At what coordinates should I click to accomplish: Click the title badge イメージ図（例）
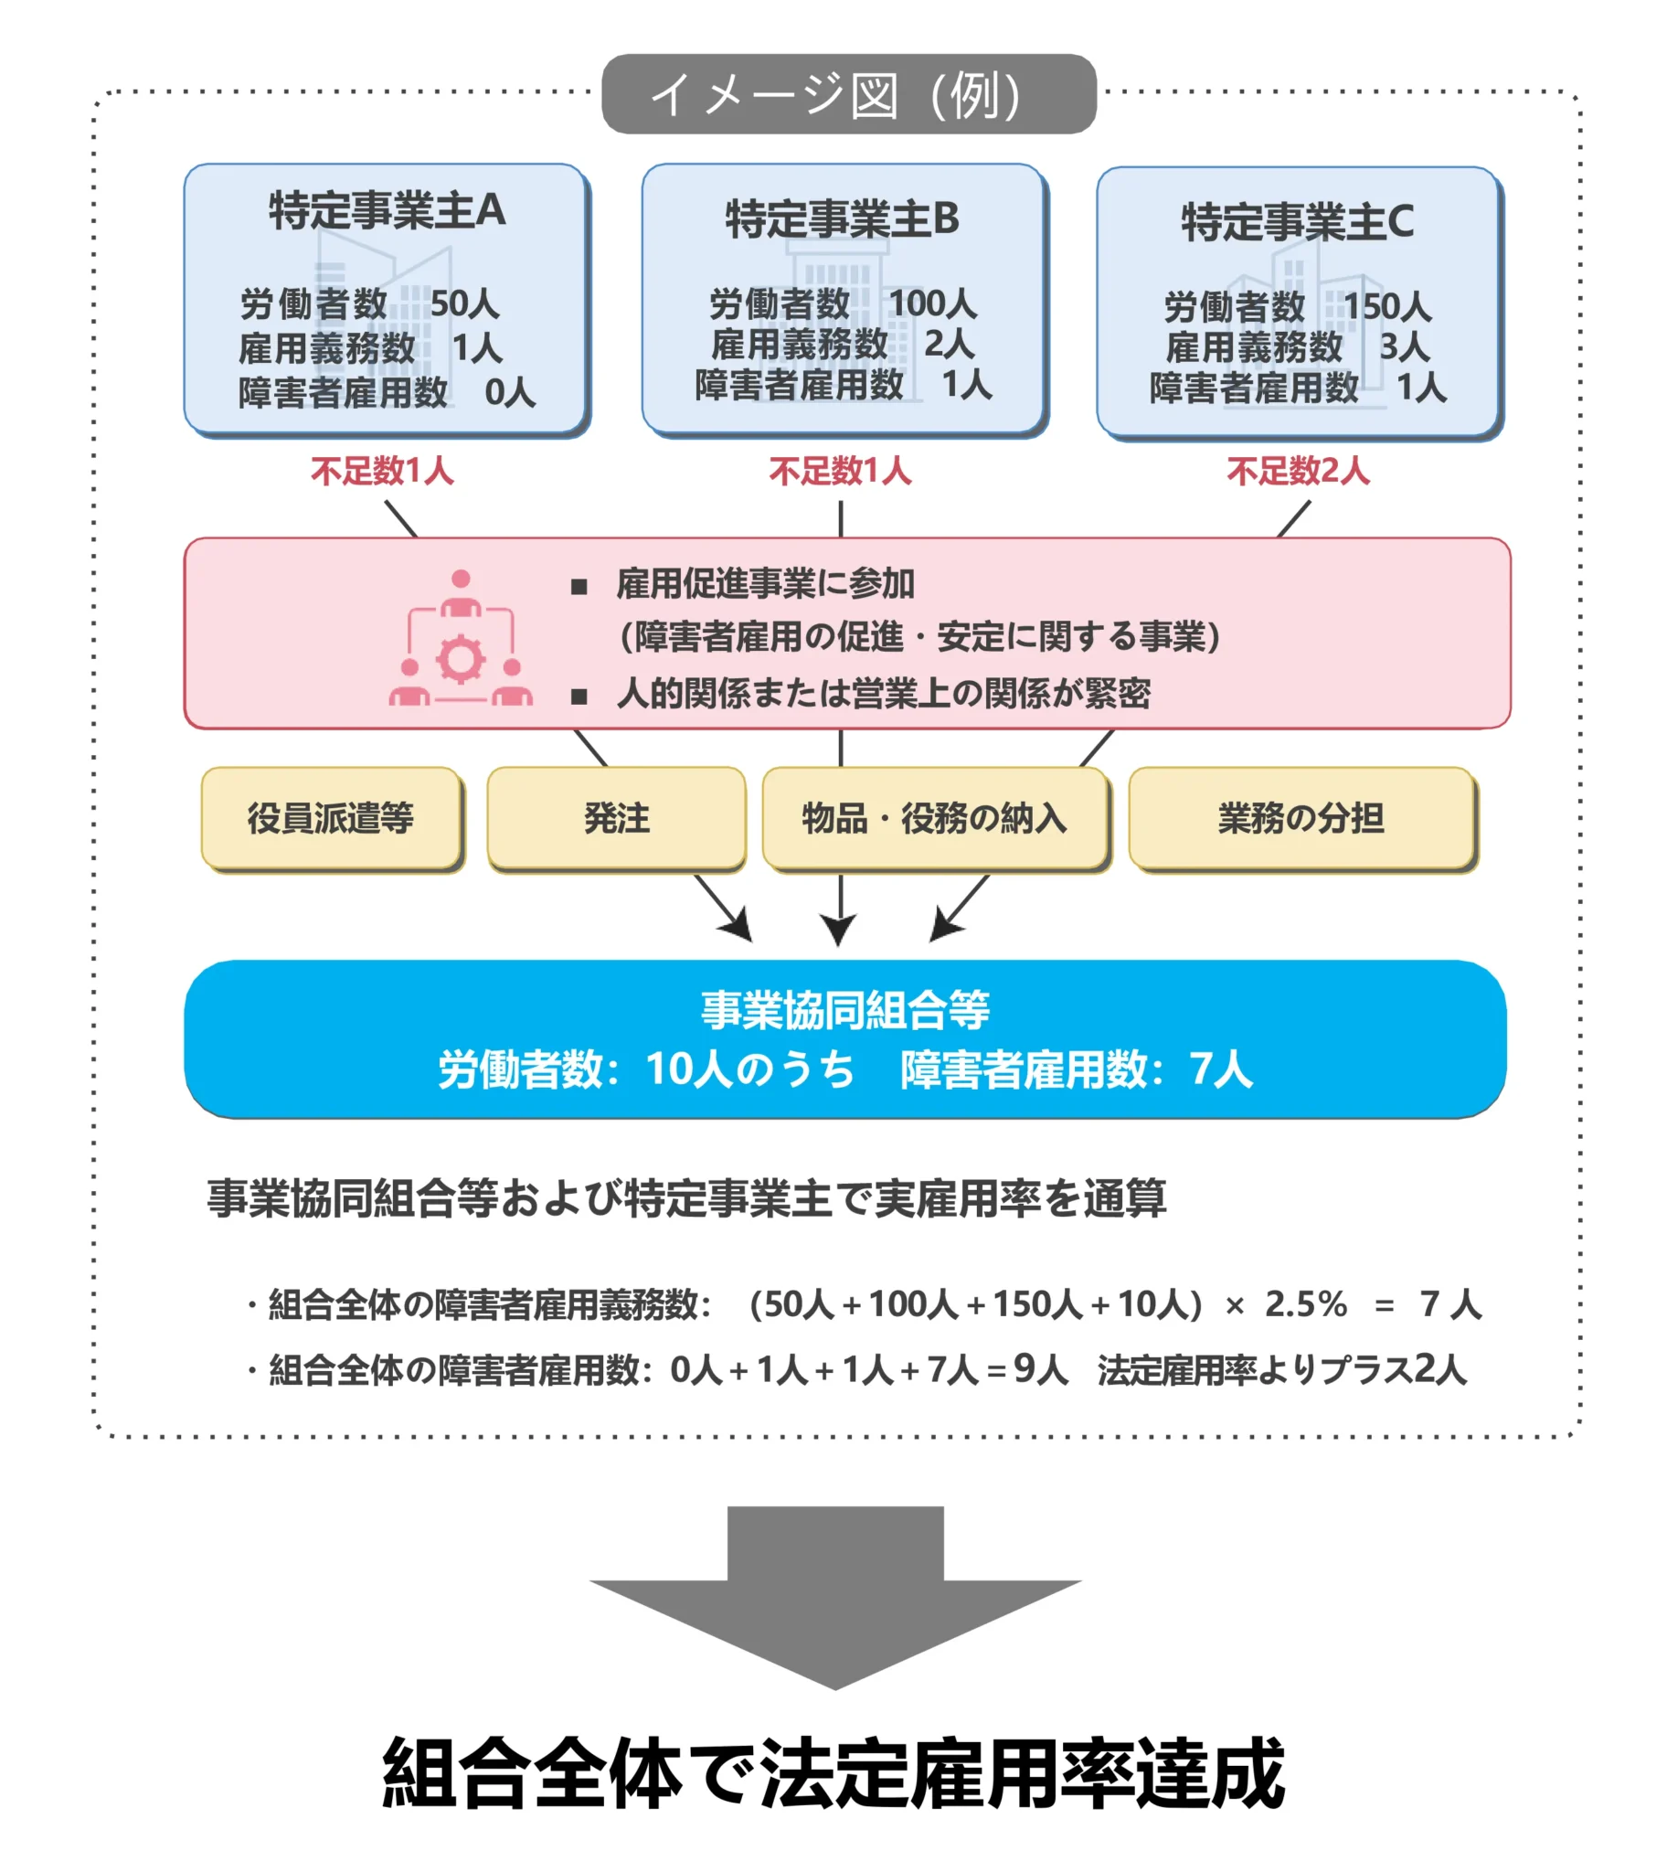click(848, 94)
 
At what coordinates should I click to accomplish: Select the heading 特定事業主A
click(387, 210)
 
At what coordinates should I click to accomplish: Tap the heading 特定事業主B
click(842, 219)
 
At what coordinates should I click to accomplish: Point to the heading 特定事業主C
click(1297, 222)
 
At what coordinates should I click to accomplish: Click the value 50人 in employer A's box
click(464, 303)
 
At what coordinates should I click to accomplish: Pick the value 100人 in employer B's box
click(932, 303)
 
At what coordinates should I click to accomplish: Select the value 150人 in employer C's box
click(1386, 307)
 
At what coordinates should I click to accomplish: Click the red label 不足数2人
click(1298, 472)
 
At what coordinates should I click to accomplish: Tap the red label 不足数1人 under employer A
click(382, 472)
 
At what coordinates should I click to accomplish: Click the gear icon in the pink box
click(460, 659)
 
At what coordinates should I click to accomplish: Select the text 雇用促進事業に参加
click(765, 583)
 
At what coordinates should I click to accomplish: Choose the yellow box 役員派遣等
click(331, 818)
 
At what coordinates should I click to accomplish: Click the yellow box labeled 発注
click(616, 818)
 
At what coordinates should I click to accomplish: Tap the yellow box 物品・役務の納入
click(934, 818)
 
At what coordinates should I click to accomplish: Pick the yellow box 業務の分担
click(1301, 818)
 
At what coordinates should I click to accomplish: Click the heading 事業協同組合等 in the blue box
click(844, 1010)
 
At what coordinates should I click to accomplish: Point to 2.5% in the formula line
click(1305, 1304)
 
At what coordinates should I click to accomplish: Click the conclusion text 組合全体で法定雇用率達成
click(833, 1774)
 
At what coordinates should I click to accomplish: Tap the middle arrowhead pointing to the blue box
click(838, 930)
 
